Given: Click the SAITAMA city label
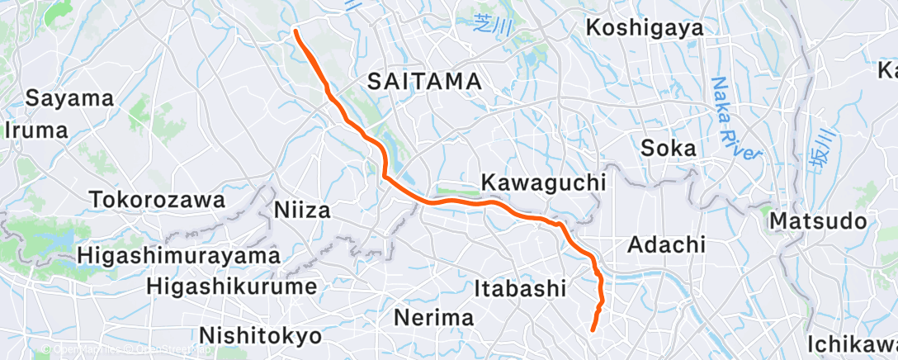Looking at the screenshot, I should tap(424, 81).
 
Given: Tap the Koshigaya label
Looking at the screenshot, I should tap(645, 27).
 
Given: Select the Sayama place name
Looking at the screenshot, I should tap(69, 98).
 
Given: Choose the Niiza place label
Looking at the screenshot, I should tap(301, 211).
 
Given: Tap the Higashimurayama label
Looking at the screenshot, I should tap(179, 256).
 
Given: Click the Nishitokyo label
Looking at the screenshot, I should tap(259, 336).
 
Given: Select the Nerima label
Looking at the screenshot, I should tap(433, 317).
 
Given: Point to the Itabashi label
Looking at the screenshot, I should tap(521, 288).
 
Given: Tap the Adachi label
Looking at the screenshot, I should tap(666, 244).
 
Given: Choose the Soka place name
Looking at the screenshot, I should tap(669, 149).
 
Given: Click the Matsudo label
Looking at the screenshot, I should tap(818, 221).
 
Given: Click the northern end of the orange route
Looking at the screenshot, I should tap(296, 31).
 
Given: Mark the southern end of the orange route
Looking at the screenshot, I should tap(593, 330).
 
